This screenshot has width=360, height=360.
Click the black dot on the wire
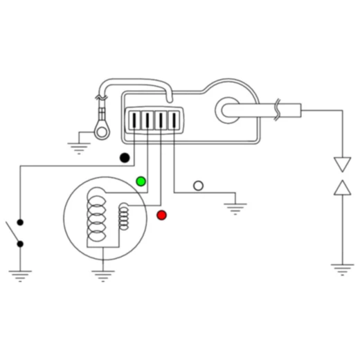(x=125, y=158)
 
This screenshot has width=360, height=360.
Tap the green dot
(x=141, y=181)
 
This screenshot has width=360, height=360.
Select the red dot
(x=162, y=215)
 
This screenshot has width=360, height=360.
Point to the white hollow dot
(x=199, y=186)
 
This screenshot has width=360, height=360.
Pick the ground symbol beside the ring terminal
(x=79, y=146)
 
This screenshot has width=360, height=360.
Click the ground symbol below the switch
(x=19, y=276)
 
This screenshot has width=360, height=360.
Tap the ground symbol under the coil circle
(x=102, y=276)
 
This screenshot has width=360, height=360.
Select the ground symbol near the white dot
(x=235, y=207)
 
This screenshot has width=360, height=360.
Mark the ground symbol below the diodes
(x=342, y=269)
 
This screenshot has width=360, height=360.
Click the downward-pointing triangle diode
(x=342, y=165)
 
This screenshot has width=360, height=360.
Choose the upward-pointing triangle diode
(x=342, y=187)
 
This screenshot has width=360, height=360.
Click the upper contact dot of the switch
(x=20, y=223)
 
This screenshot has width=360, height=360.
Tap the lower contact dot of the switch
(x=20, y=244)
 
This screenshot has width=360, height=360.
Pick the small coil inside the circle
(x=125, y=216)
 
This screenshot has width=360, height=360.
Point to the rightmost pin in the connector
(x=174, y=120)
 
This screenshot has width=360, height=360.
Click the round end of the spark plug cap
(x=228, y=109)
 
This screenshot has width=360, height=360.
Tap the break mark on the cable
(x=278, y=109)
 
